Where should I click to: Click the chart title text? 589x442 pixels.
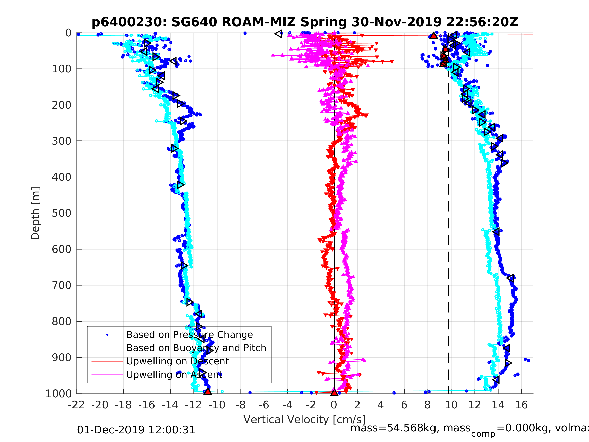[x=305, y=22]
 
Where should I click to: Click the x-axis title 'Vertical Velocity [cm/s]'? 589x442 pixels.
[x=304, y=419]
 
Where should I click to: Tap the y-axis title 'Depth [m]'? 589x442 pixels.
[x=35, y=213]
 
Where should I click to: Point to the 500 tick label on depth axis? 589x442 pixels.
[x=62, y=213]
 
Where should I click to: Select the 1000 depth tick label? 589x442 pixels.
[x=59, y=394]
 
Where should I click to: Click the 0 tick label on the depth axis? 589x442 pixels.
[x=68, y=33]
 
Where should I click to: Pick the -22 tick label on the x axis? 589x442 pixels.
[x=76, y=405]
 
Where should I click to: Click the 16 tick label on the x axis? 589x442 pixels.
[x=521, y=405]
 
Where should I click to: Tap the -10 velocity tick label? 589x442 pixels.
[x=217, y=405]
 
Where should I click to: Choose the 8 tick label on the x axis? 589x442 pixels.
[x=427, y=405]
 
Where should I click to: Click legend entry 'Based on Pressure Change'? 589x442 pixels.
[x=189, y=335]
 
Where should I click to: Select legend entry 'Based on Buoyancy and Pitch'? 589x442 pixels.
[x=196, y=348]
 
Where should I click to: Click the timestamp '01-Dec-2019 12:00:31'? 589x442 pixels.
[x=136, y=430]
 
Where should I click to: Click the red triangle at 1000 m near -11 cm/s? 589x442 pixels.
[x=208, y=391]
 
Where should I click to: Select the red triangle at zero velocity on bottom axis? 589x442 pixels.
[x=334, y=392]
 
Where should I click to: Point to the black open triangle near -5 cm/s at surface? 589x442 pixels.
[x=278, y=34]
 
